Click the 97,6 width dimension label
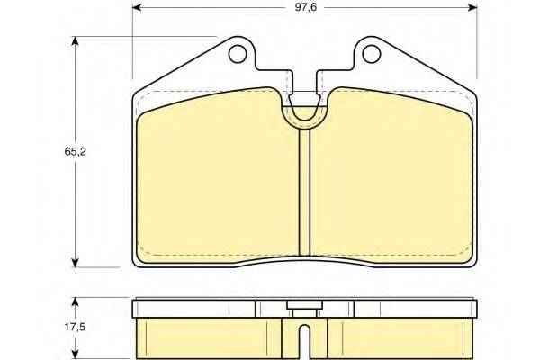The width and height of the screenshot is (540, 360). click(305, 7)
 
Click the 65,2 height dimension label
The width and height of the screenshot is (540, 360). click(75, 151)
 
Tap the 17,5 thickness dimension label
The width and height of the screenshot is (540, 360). click(75, 327)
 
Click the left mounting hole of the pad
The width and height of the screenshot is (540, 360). click(238, 54)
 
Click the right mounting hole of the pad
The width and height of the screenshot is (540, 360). click(372, 54)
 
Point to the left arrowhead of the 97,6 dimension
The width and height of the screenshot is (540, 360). click(137, 7)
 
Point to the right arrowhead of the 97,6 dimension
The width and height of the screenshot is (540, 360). click(472, 7)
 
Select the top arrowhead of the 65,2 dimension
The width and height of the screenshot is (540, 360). click(75, 41)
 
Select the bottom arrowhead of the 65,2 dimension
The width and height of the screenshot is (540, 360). click(75, 263)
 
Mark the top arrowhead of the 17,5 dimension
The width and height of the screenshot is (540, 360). click(75, 302)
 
